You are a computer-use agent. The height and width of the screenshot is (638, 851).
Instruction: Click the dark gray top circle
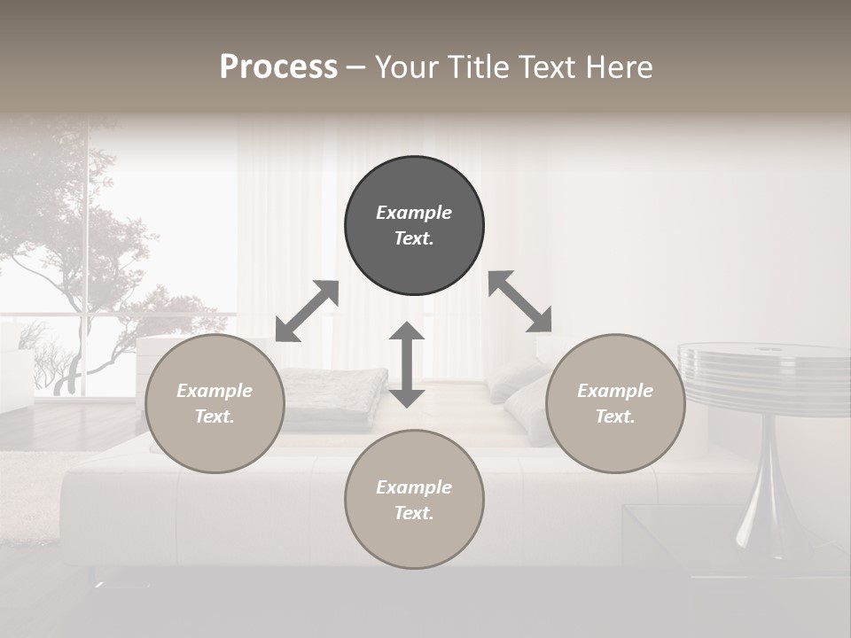pos(414,226)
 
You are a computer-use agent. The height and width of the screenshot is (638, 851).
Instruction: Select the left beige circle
pos(215,404)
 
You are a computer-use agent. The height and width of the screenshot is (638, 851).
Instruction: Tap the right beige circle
pos(615,404)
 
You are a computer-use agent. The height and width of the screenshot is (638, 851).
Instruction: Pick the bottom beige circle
pos(414,500)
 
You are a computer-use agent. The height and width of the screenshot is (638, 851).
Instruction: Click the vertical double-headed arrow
pos(407,364)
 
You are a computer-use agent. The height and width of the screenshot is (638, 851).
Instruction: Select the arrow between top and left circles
pos(307,311)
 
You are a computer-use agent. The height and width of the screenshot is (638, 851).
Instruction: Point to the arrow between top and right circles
pos(519,301)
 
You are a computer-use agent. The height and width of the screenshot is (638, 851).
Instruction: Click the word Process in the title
pos(278,66)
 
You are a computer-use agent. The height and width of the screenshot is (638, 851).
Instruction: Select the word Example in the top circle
pos(414,213)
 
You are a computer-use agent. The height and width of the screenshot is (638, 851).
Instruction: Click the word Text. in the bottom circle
pos(414,513)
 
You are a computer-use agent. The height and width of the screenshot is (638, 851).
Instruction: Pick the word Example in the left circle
pos(215,391)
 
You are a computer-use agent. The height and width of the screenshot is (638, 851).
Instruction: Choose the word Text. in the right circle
pos(615,416)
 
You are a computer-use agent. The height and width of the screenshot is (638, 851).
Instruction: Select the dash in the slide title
pos(355,67)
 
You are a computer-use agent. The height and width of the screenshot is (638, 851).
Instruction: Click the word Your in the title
pos(404,66)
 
